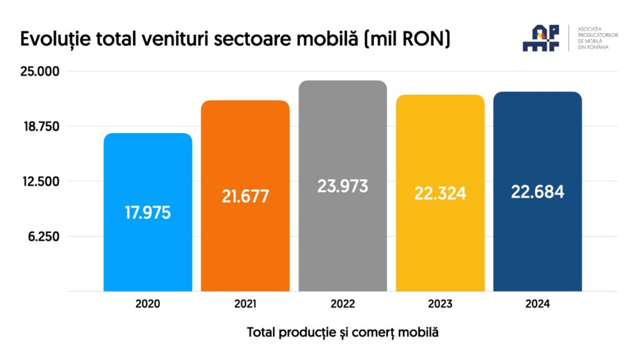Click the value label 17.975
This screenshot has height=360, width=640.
147,212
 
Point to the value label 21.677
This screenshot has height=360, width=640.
245,196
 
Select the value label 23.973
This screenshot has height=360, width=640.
342,186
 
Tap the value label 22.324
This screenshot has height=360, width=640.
440,193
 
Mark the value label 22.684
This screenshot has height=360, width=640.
537,192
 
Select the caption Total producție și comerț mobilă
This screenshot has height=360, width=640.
342,332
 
